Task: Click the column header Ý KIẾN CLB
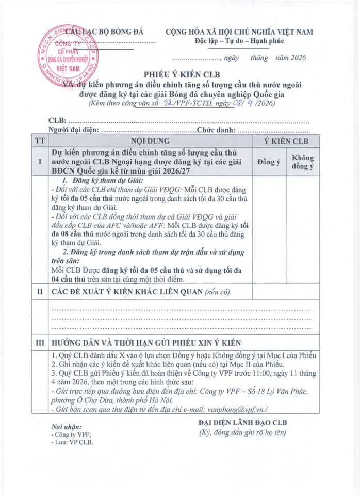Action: point(286,141)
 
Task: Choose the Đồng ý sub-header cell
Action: point(268,162)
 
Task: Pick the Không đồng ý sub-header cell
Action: point(303,162)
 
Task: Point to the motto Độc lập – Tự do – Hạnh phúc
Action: point(239,41)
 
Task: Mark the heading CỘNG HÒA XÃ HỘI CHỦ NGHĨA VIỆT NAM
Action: point(239,32)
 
